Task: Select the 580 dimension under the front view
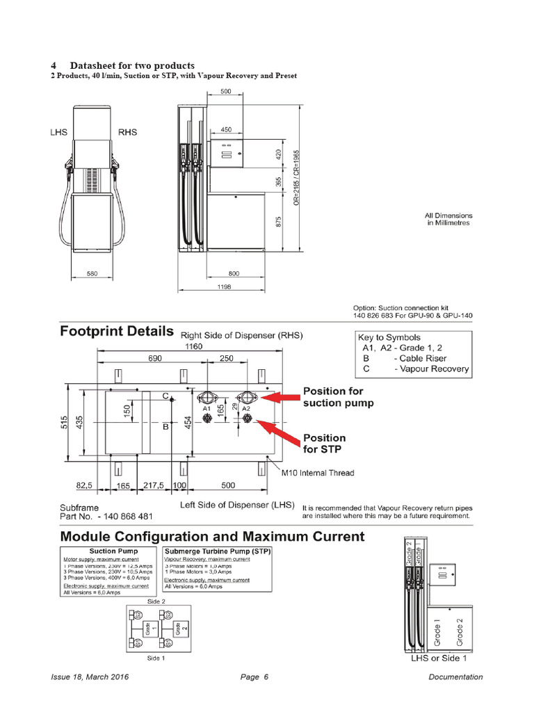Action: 92,273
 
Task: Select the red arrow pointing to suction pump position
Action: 282,397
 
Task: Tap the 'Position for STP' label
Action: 324,443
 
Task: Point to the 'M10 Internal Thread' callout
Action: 317,473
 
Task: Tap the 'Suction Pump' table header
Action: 107,551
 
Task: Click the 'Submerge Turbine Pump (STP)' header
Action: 216,551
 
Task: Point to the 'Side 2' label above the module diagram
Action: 156,600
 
